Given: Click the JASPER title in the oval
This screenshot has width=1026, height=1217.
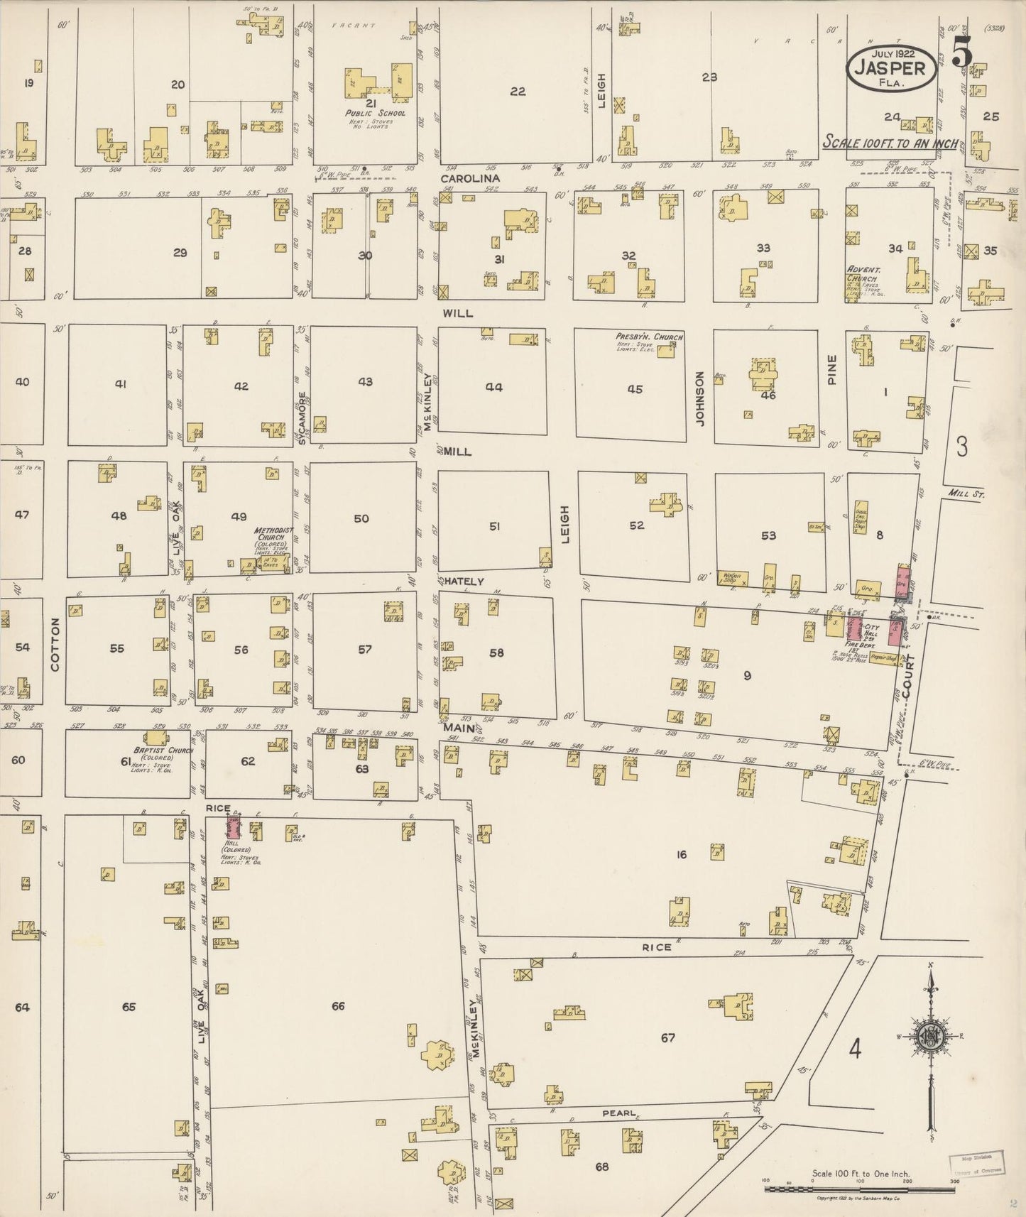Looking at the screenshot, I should click(x=890, y=68).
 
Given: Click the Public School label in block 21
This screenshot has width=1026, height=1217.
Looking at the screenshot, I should click(x=375, y=113).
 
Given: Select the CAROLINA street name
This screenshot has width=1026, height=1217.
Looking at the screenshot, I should click(x=470, y=178).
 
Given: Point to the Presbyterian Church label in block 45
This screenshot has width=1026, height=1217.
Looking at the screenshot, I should click(x=649, y=337).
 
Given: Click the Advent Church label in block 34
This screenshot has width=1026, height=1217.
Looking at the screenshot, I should click(x=863, y=274).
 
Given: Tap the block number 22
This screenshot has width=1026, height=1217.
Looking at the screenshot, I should click(x=518, y=91).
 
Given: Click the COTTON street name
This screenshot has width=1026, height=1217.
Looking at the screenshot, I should click(x=55, y=644).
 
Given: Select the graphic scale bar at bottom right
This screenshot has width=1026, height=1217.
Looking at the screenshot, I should click(x=859, y=1188).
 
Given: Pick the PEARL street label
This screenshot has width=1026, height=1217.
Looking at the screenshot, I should click(x=618, y=1113).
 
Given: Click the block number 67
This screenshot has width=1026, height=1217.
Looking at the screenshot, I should click(x=667, y=1038).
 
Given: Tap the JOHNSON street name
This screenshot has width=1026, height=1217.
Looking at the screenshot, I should click(x=699, y=398).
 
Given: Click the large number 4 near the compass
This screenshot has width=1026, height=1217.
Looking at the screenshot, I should click(x=856, y=1048).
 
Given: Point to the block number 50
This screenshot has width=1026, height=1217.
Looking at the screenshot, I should click(x=361, y=518).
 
